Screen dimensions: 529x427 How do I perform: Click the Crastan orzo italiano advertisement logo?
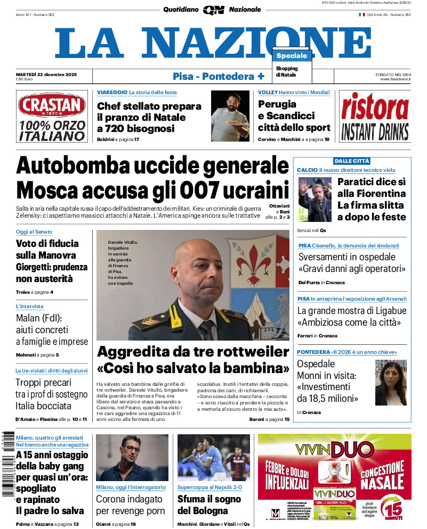coord(51,117)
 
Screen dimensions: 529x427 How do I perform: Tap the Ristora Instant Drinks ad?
coord(375,117)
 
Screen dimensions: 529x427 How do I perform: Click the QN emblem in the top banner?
coord(213,10)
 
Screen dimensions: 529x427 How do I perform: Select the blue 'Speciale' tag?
coord(292,56)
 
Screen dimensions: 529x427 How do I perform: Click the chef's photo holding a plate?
coord(230,116)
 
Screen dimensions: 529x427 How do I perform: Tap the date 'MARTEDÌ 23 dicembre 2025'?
coord(46,74)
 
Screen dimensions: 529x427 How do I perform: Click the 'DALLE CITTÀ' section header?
coord(352,161)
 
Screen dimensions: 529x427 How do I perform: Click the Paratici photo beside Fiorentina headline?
coord(315,200)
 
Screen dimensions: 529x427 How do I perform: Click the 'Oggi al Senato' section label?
coord(34,232)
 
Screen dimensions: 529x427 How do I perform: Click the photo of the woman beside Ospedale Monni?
coord(391,383)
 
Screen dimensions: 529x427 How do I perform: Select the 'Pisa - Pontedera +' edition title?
coord(219,76)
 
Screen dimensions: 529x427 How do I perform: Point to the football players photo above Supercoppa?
coord(213,458)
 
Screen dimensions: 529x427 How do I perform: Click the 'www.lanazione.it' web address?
coord(396,79)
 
